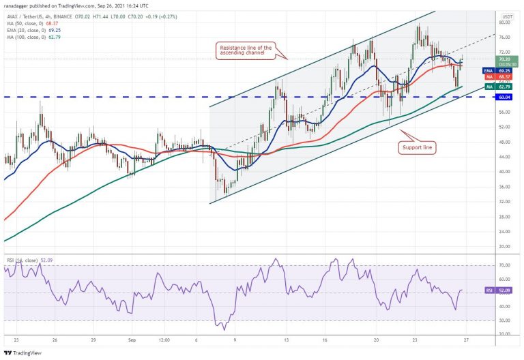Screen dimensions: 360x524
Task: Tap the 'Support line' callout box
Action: click(x=417, y=147)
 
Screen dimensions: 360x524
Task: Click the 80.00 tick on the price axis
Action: click(x=506, y=22)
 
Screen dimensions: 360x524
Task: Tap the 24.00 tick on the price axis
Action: click(x=506, y=231)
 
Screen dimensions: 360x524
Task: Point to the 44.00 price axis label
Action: click(x=506, y=157)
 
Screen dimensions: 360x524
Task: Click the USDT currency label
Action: click(x=507, y=16)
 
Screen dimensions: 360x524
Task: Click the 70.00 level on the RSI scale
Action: click(x=506, y=265)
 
